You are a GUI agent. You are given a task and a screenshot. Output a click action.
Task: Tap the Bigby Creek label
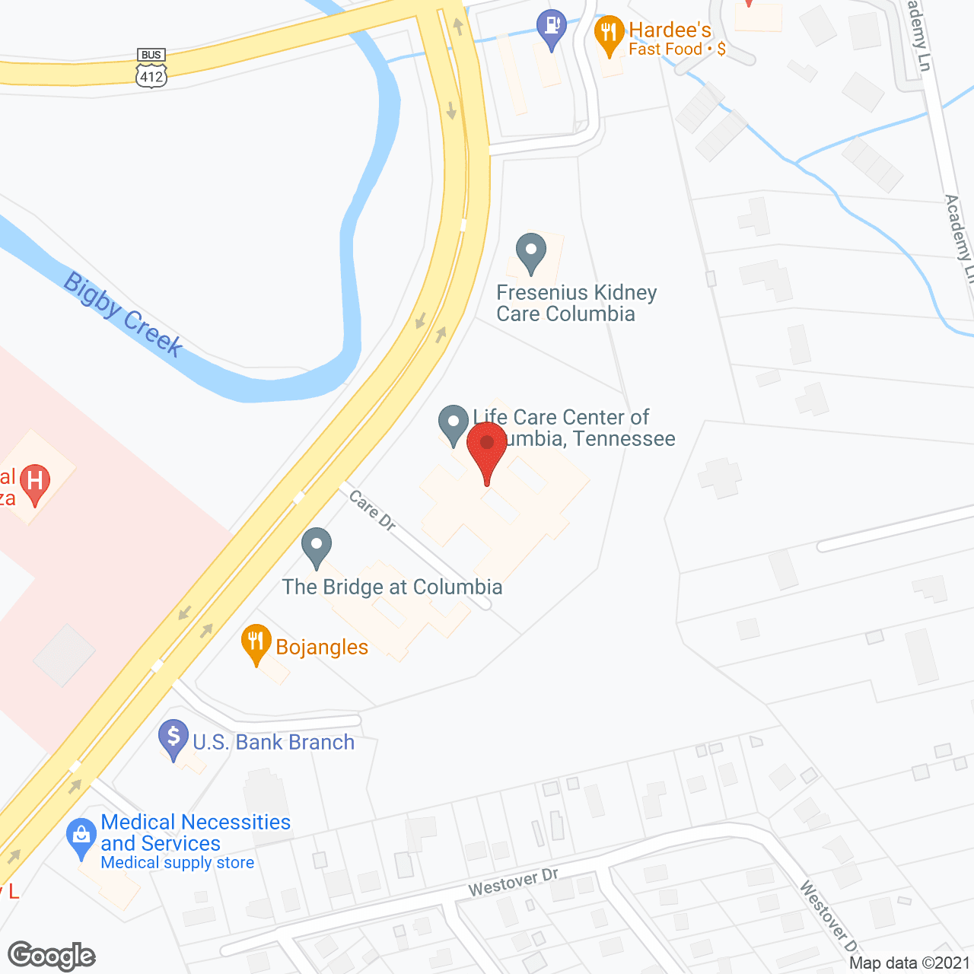pyautogui.click(x=123, y=314)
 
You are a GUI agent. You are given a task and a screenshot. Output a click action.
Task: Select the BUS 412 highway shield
pyautogui.click(x=151, y=68)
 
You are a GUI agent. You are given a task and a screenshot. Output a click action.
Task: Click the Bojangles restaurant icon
pyautogui.click(x=256, y=644)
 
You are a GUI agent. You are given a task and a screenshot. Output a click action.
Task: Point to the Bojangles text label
pyautogui.click(x=322, y=648)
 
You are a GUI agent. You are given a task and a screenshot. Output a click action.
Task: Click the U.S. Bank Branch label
pyautogui.click(x=274, y=743)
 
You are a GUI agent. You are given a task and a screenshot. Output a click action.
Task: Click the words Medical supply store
pyautogui.click(x=177, y=863)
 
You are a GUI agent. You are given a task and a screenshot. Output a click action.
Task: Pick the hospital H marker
pyautogui.click(x=34, y=482)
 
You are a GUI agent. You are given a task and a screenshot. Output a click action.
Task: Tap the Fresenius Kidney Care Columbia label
pyautogui.click(x=576, y=304)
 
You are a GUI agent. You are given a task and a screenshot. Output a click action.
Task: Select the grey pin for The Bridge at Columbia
pyautogui.click(x=317, y=547)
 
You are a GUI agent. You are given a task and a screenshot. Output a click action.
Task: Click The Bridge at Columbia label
pyautogui.click(x=392, y=587)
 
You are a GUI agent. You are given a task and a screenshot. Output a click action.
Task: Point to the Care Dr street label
pyautogui.click(x=372, y=510)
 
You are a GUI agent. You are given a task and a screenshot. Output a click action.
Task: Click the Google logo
pyautogui.click(x=52, y=956)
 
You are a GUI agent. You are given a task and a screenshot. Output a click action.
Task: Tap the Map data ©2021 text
pyautogui.click(x=909, y=963)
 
